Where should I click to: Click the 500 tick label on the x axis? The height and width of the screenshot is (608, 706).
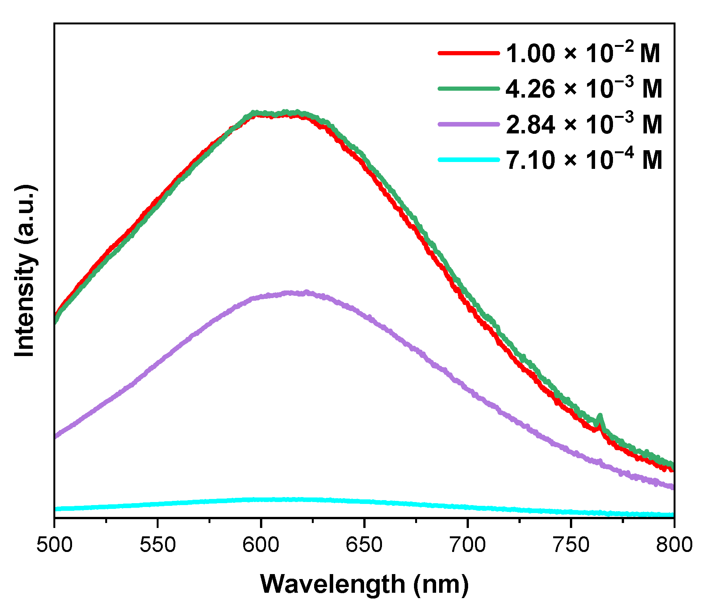[x=54, y=545]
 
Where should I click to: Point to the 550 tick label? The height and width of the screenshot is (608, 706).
[x=157, y=545]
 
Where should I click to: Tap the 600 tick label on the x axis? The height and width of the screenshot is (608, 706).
[x=261, y=545]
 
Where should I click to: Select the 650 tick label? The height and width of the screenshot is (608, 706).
[x=364, y=545]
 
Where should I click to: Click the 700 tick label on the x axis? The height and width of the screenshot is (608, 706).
[x=467, y=545]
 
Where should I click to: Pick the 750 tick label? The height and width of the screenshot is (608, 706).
[x=571, y=545]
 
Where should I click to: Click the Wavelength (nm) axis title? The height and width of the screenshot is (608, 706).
[x=364, y=584]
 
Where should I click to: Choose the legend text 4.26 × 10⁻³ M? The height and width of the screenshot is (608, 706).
[x=584, y=88]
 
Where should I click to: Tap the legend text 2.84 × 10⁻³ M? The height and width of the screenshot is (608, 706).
[x=584, y=124]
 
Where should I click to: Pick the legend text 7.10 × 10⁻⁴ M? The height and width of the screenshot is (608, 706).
[x=584, y=159]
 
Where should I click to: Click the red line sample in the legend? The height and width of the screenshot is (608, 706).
[x=469, y=53]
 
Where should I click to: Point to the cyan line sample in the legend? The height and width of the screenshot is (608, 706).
[x=469, y=160]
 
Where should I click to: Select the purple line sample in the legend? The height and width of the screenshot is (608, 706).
[x=469, y=124]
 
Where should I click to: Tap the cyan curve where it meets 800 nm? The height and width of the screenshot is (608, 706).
[x=673, y=515]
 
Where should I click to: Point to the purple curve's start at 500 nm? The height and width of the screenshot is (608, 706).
[x=56, y=436]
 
